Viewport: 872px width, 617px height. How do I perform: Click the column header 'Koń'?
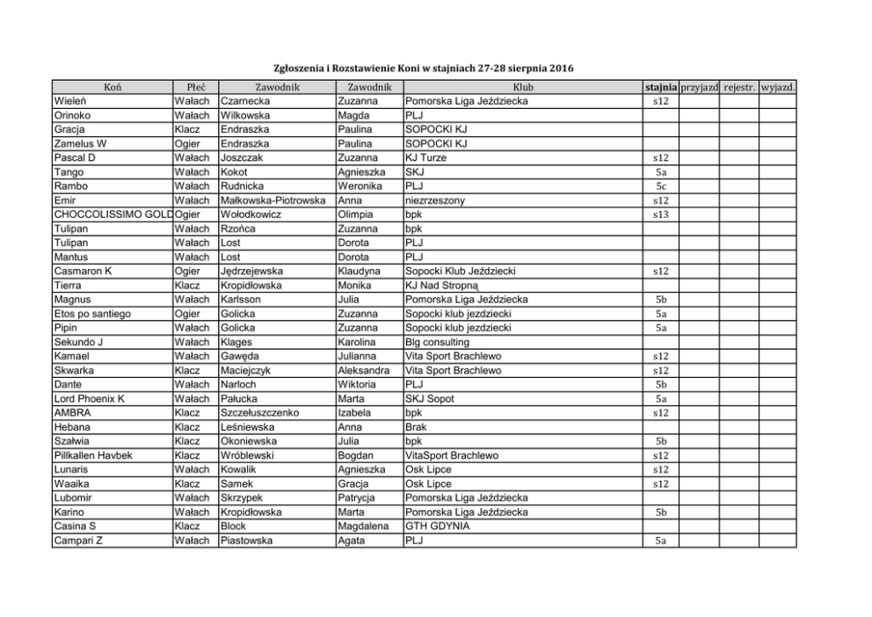[113, 87]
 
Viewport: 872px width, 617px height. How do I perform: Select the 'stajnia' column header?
[661, 87]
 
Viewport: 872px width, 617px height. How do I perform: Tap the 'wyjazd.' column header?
[778, 87]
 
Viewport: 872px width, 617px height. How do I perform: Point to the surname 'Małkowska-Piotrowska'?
[273, 200]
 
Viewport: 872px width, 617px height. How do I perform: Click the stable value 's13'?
[661, 214]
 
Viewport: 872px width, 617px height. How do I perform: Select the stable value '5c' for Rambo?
[661, 186]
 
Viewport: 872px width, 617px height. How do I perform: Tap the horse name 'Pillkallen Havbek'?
[95, 455]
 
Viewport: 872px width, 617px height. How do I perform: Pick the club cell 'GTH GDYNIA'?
[437, 526]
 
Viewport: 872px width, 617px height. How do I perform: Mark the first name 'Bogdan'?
[356, 455]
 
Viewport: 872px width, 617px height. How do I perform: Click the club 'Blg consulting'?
[437, 342]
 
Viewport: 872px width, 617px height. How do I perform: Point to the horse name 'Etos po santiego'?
[92, 314]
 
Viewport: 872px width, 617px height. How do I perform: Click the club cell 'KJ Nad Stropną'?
[441, 285]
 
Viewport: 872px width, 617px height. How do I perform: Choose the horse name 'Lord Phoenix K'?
[89, 398]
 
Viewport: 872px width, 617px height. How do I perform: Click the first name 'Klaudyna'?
[361, 271]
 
